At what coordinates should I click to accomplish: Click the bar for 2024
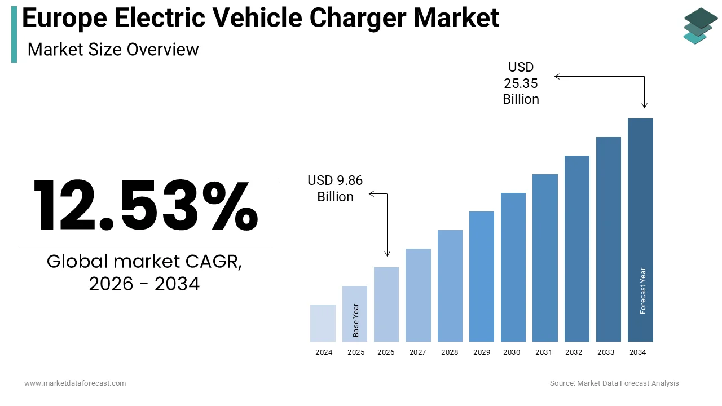tap(323, 323)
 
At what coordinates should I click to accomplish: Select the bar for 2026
tap(386, 304)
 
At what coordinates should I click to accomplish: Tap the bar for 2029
tap(481, 276)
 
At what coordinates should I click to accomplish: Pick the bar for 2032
tap(576, 248)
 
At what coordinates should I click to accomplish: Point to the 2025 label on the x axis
tap(355, 352)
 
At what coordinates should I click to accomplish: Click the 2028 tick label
tap(450, 352)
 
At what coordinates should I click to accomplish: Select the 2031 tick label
tap(544, 352)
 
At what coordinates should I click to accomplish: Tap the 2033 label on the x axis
tap(606, 352)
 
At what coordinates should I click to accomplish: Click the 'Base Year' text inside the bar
tap(356, 320)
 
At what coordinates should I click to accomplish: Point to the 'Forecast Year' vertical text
tap(642, 290)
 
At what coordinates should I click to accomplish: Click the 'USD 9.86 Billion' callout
tap(335, 188)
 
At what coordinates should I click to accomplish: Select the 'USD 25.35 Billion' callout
tap(521, 83)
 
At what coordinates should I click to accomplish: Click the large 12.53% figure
tap(145, 206)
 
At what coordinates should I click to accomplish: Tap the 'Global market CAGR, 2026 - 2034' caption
tap(144, 272)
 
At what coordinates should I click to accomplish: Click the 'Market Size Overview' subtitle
tap(113, 50)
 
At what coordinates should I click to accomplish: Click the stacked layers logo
tap(701, 25)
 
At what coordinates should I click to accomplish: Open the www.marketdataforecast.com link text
tap(75, 383)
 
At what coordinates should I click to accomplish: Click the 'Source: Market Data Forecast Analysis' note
tap(614, 383)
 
